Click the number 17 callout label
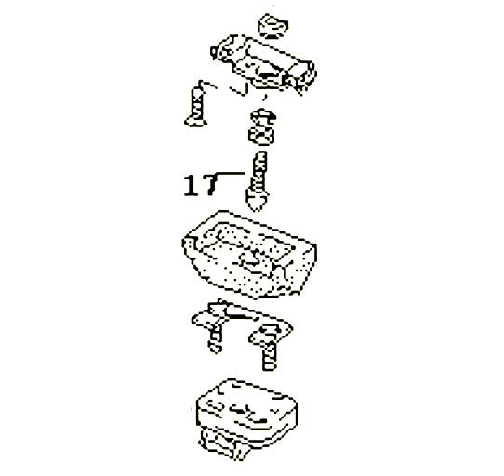pos(197,185)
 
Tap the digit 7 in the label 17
pos(206,185)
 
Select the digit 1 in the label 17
pos(189,185)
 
